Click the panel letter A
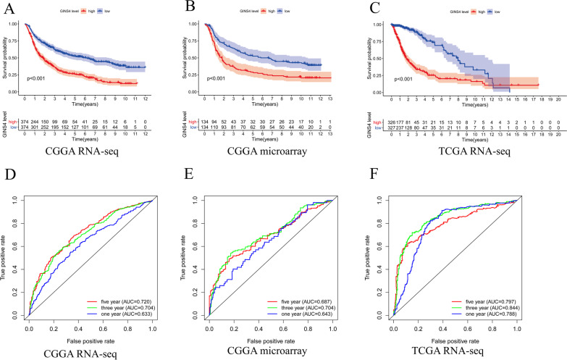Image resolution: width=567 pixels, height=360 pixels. (x=7, y=8)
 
